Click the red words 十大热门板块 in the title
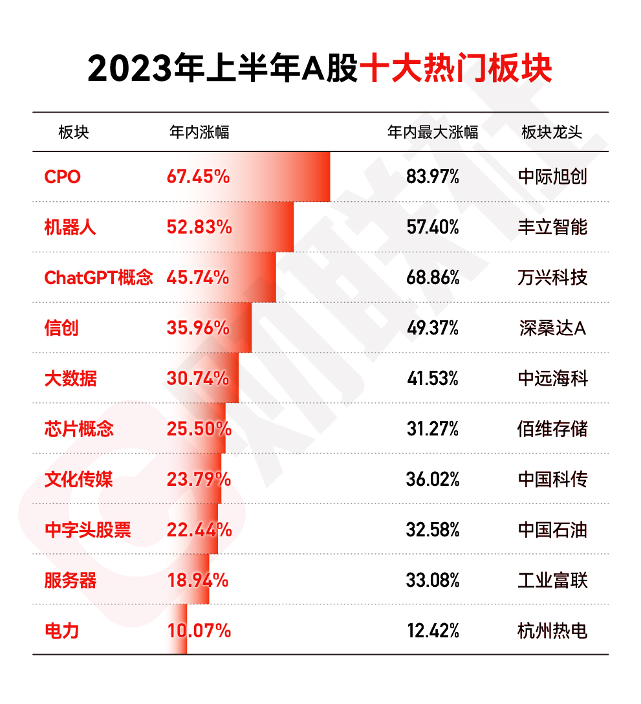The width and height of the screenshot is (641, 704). pos(456,69)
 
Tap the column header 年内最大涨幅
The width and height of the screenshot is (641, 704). pos(433,133)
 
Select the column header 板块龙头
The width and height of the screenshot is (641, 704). pos(552,133)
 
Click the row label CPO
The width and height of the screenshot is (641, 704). pos(63,177)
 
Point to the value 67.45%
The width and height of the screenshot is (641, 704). pos(198,177)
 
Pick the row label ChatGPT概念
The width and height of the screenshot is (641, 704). pos(98,278)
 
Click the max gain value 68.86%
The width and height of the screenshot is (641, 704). pos(433,278)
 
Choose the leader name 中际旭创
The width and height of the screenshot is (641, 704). pos(552,177)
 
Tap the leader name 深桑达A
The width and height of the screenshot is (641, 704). pos(552,328)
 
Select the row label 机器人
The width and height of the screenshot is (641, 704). pos(70,227)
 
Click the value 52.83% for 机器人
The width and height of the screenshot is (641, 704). pos(199,227)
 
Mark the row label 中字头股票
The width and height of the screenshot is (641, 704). pos(87,530)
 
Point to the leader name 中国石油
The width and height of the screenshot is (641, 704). pos(552,530)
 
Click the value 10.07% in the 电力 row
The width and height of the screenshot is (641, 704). pos(199,630)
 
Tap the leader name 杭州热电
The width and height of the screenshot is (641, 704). pos(552,630)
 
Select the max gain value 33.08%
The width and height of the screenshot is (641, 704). pos(433,580)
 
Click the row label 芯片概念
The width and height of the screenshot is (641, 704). pos(79,429)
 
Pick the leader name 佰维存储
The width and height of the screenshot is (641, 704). pos(552,429)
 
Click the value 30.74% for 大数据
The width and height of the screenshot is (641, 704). pos(198,379)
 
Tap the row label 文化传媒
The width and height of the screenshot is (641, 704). pos(79,479)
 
